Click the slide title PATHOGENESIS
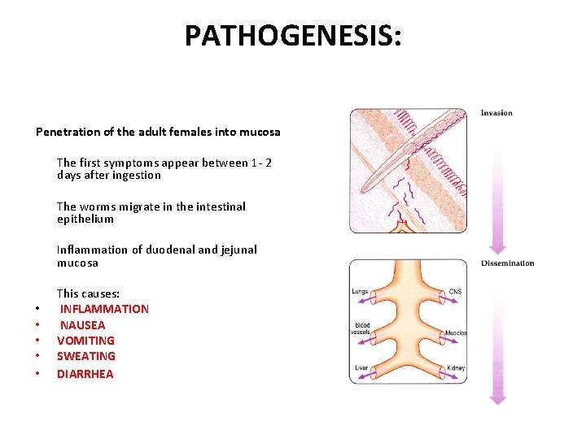point(292,36)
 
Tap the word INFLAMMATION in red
point(104,309)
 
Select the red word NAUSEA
point(82,325)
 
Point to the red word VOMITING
point(85,341)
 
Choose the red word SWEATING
point(85,356)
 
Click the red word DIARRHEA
point(85,374)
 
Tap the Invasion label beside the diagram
point(496,113)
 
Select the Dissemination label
point(507,263)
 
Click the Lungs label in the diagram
point(360,291)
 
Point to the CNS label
point(457,291)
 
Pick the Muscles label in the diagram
point(456,333)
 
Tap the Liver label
point(361,368)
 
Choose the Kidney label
point(456,368)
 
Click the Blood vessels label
point(362,328)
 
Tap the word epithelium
point(85,219)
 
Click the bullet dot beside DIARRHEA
point(37,374)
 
